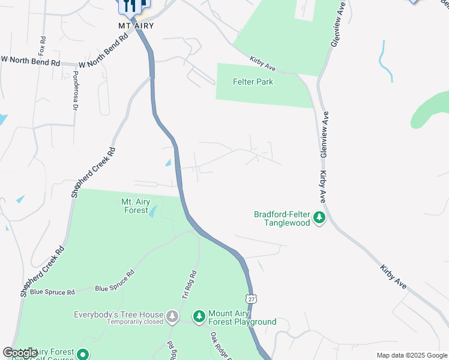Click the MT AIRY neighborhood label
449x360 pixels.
point(136,25)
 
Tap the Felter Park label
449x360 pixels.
point(253,82)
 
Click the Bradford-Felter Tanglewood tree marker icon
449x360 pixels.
point(320,217)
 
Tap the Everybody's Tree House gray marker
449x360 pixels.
point(173,316)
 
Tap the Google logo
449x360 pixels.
point(20,353)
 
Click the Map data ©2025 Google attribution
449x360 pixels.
point(412,355)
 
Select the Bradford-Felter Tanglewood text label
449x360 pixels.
point(282,218)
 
